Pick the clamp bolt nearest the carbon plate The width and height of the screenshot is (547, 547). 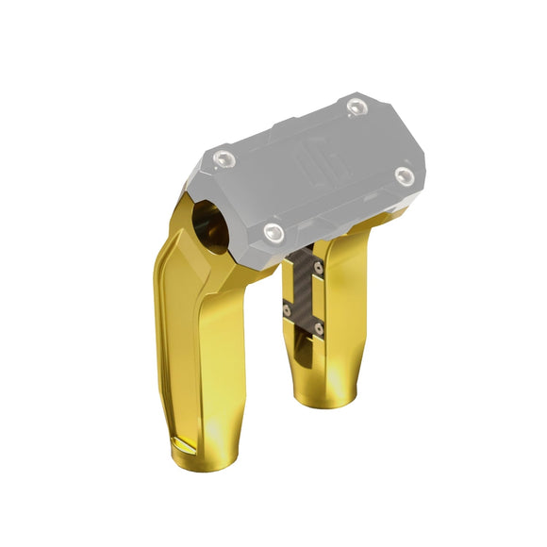coord(273,232)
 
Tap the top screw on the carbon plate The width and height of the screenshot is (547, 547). coord(320,268)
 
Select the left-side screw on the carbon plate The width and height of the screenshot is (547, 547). coord(289,304)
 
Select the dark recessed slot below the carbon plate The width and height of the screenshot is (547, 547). coord(300,354)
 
